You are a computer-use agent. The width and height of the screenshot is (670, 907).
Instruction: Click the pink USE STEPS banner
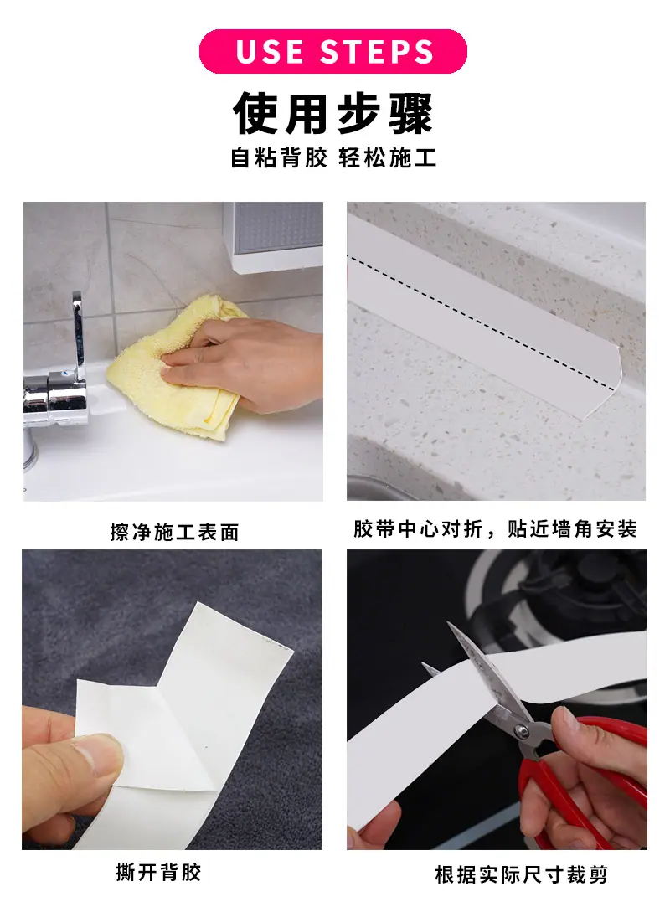[x=332, y=51]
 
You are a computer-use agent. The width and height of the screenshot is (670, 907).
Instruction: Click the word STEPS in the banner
[x=377, y=51]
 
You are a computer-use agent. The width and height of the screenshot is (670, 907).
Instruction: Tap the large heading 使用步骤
[x=333, y=112]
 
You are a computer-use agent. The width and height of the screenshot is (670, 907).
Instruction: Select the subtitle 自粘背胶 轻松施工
[x=333, y=157]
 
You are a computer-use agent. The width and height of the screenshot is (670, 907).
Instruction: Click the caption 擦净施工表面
[x=174, y=532]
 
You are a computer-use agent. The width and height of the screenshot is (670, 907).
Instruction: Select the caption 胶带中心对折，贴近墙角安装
[x=495, y=528]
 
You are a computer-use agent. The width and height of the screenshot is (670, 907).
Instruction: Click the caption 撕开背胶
[x=158, y=872]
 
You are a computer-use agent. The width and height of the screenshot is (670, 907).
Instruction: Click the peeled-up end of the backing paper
[x=243, y=636]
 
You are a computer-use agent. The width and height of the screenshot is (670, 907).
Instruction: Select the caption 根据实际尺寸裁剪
[x=521, y=874]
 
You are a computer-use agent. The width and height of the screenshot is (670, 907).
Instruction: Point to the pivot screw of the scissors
[x=522, y=732]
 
